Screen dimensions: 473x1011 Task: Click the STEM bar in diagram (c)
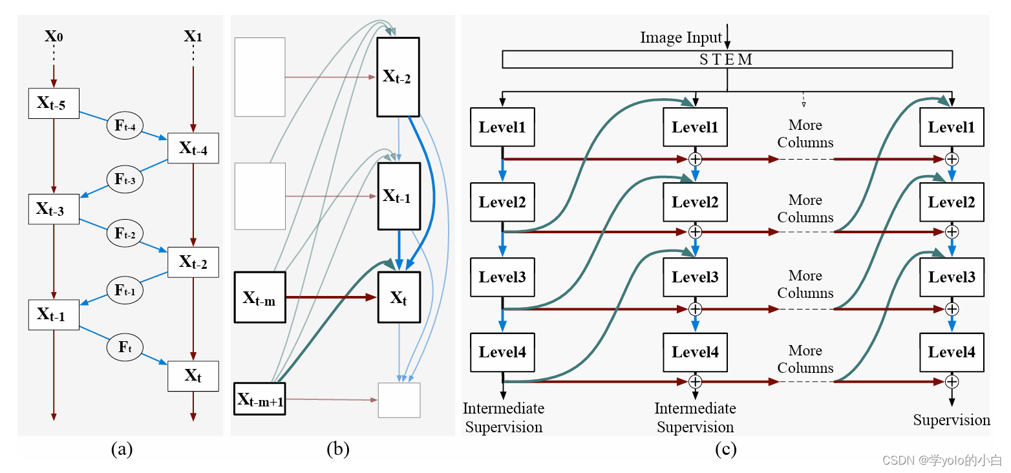pos(727,60)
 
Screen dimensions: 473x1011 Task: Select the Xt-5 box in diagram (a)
pos(54,103)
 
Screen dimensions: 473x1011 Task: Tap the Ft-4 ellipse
pos(125,125)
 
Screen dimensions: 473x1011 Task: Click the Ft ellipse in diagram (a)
pos(125,347)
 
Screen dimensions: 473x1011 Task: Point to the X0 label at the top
pos(54,36)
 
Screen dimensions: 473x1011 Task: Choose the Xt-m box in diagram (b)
pos(260,298)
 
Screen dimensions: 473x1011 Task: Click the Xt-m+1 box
pos(260,399)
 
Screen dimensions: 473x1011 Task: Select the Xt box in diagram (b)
pos(399,297)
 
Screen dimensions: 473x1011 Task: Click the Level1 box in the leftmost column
pos(502,127)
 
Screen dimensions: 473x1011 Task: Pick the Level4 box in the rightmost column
pos(952,353)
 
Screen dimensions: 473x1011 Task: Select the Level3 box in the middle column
pos(695,277)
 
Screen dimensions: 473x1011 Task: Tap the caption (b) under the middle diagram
pos(338,449)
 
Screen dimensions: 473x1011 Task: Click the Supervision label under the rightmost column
pos(952,421)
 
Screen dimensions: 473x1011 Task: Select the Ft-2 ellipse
pos(125,233)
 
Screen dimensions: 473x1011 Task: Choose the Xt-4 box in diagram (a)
pos(193,149)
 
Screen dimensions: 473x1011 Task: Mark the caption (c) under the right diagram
pos(725,449)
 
